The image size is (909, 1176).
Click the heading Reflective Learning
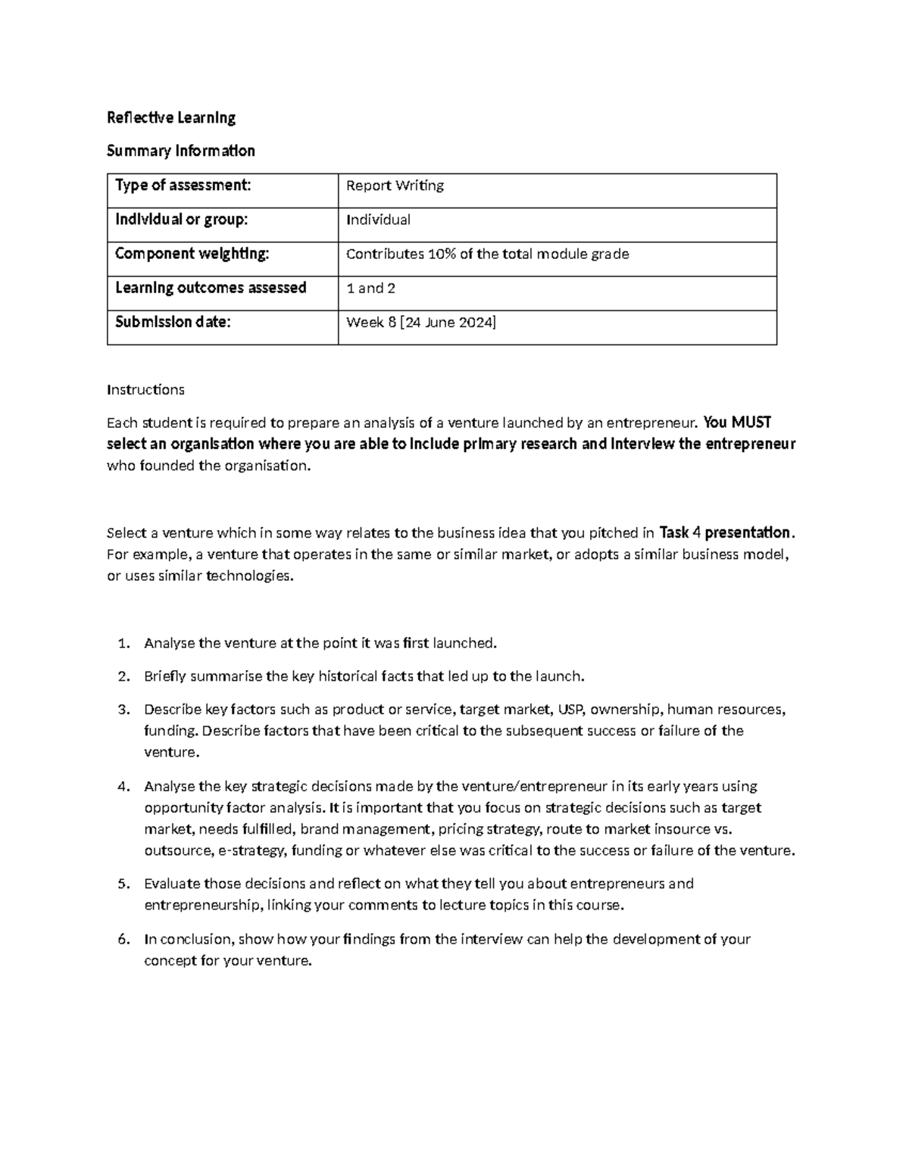pos(171,117)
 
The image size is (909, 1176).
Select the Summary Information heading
pos(181,151)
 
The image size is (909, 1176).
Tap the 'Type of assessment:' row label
pos(182,185)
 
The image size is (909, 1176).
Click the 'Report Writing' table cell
pos(395,186)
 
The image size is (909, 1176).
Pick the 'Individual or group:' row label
pos(181,220)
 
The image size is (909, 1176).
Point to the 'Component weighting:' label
pos(192,254)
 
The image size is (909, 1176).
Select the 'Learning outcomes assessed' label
pos(211,288)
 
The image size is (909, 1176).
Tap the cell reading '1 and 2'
pos(370,289)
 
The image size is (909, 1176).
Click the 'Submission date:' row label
pos(173,322)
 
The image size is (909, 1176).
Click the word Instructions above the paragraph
pos(145,390)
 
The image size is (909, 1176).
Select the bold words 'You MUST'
pos(737,423)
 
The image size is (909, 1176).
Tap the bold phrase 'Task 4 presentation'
pos(726,532)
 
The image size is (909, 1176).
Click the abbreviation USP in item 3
pos(570,710)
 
